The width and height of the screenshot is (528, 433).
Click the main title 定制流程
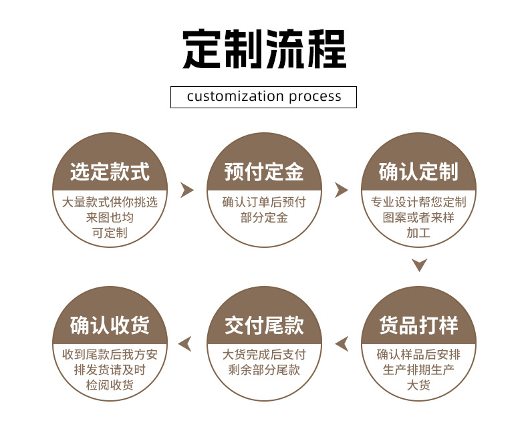pos(264,49)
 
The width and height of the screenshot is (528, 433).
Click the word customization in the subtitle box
pos(235,96)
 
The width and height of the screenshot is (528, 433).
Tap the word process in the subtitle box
pos(315,97)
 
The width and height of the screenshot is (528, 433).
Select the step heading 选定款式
pos(110,172)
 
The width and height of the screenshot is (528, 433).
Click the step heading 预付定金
pos(264,172)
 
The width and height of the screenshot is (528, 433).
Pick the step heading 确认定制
pos(418,172)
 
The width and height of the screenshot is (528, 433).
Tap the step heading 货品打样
pos(418,326)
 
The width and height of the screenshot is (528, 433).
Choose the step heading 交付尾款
pos(264,326)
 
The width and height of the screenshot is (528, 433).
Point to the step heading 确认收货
pos(110,326)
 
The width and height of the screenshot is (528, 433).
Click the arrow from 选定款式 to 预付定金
pos(187,190)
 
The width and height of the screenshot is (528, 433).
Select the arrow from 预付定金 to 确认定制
pos(342,190)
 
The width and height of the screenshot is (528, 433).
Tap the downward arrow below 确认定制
pos(419,265)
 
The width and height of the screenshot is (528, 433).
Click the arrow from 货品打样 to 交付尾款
pos(342,344)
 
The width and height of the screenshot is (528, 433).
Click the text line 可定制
pos(110,233)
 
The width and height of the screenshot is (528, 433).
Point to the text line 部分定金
pos(264,218)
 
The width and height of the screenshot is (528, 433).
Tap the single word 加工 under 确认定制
pos(418,233)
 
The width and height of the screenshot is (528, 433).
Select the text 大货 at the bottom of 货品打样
pos(418,385)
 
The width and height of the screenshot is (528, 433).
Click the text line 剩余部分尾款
pos(264,370)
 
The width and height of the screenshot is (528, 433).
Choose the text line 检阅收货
pos(110,385)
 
